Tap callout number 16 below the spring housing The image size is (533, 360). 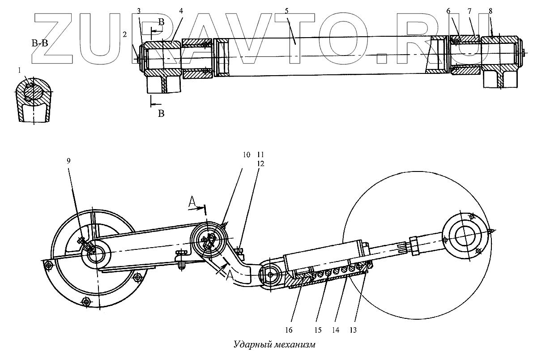289,330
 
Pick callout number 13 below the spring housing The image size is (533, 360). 353,330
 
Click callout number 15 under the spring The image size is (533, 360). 318,330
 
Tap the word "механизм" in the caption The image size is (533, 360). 293,345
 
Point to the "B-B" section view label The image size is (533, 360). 39,43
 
